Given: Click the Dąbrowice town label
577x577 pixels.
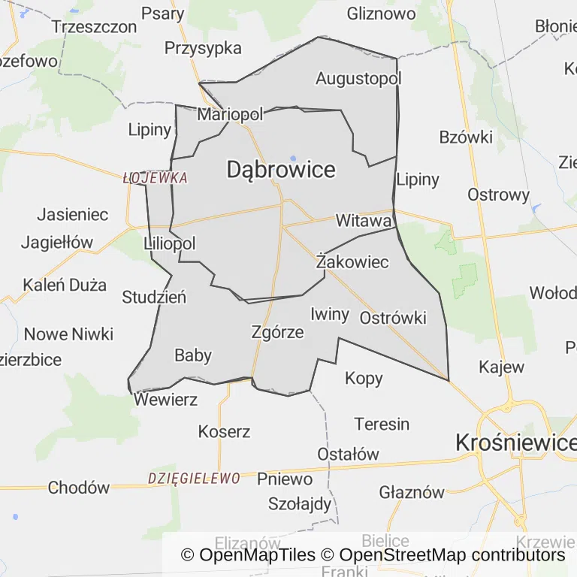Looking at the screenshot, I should click(x=281, y=170).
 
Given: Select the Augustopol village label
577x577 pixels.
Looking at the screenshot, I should click(x=358, y=78).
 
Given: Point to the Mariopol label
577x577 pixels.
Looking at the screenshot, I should click(x=230, y=115).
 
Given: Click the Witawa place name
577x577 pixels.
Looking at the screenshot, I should click(x=364, y=221).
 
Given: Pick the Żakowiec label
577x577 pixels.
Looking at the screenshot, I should click(x=352, y=262).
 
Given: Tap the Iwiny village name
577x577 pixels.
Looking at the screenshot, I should click(x=329, y=313).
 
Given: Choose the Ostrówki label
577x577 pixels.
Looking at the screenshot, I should click(x=393, y=318).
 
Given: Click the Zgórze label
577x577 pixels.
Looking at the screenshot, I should click(x=278, y=331).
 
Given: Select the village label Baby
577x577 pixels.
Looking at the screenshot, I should click(x=193, y=355).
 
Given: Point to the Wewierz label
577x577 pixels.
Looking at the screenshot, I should click(x=165, y=400).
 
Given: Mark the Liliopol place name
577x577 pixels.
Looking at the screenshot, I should click(x=169, y=243).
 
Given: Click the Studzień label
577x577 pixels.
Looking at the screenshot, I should click(x=154, y=297).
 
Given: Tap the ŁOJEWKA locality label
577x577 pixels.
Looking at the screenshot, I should click(x=155, y=179).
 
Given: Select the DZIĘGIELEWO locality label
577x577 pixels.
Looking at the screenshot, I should click(x=194, y=478).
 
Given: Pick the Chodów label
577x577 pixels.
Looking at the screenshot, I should click(x=78, y=488).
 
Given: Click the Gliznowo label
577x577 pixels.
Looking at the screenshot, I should click(x=381, y=14).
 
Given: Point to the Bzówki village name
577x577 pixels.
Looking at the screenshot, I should click(x=466, y=137).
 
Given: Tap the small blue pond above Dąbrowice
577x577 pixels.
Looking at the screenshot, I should click(x=292, y=158).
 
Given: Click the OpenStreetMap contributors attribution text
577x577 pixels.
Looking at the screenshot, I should click(x=452, y=555).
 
